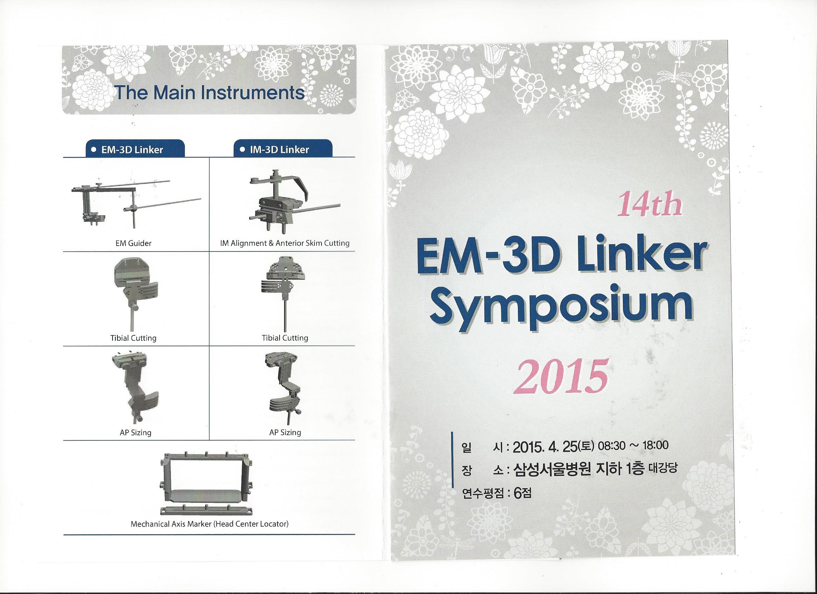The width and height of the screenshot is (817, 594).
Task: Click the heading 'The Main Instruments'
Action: coord(209,93)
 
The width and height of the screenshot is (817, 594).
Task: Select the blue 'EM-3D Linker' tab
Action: coord(135,148)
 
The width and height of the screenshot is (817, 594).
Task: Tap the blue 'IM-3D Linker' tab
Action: coord(283,148)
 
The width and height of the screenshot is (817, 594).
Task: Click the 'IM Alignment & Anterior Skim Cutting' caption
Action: coord(284,243)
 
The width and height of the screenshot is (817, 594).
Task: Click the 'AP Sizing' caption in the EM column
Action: coord(136,433)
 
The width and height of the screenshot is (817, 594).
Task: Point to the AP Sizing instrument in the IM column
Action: coord(284,387)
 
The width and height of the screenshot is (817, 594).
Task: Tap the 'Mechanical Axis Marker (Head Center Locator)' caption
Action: coord(209,524)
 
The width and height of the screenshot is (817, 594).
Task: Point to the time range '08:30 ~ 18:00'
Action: coord(633,445)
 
